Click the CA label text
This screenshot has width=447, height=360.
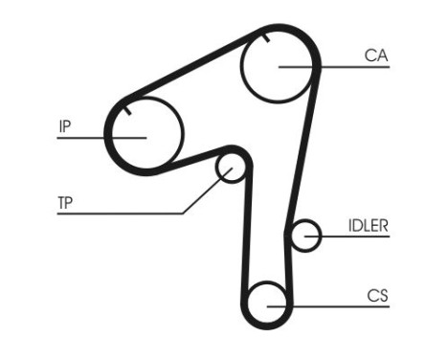(375, 56)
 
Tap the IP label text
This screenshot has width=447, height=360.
(65, 124)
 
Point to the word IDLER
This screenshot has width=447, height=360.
(368, 226)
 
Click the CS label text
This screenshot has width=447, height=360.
(376, 296)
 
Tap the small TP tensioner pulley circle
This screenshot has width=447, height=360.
(231, 169)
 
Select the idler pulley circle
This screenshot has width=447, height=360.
(305, 236)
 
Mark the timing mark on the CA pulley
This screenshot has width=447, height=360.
(262, 38)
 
